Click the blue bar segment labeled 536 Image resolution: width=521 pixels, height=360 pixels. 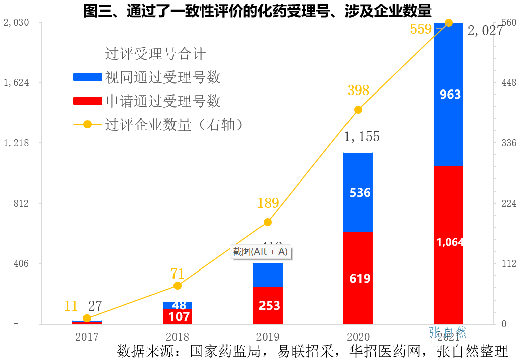[x=358, y=192]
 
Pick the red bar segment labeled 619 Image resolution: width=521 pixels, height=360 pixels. [x=358, y=278]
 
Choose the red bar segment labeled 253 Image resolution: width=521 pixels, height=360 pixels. [x=268, y=305]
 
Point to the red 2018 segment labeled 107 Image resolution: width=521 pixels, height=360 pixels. [x=177, y=316]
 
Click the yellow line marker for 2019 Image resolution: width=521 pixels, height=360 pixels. [x=268, y=222]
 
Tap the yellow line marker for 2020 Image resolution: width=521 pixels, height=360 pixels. [x=358, y=110]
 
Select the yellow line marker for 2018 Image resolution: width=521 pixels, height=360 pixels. [x=177, y=286]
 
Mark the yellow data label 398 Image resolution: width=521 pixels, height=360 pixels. [x=358, y=91]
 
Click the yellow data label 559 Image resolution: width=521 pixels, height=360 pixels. [x=421, y=29]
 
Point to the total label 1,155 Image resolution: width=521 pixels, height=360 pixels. [x=362, y=137]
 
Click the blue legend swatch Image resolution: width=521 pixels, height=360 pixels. [x=88, y=77]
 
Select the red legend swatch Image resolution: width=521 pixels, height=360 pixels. [x=88, y=101]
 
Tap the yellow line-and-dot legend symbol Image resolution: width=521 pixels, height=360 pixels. [x=88, y=124]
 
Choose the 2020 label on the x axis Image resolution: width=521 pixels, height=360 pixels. [x=358, y=337]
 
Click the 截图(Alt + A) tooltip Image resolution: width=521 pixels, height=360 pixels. [x=259, y=252]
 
